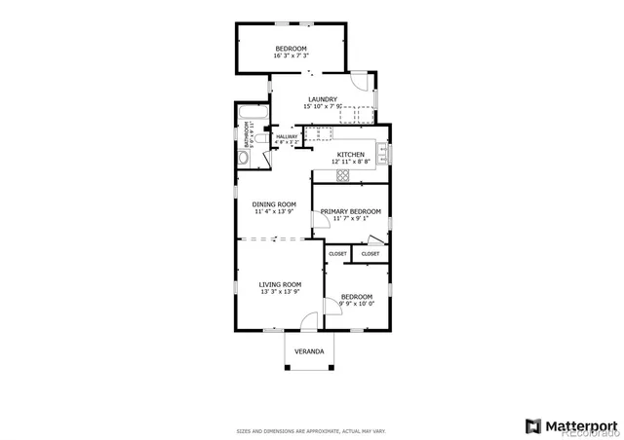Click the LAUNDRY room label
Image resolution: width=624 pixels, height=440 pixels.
tap(323, 99)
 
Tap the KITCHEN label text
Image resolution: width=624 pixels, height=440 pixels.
tap(350, 154)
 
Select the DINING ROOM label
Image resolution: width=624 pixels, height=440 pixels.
tap(274, 204)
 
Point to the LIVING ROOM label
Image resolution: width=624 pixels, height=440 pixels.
tap(280, 284)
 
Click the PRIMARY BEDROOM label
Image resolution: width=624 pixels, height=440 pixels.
tap(350, 211)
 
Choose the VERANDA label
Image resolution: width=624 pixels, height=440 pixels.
tap(309, 350)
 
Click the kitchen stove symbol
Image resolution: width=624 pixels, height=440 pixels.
tap(343, 175)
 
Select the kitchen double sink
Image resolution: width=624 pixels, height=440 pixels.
tap(383, 154)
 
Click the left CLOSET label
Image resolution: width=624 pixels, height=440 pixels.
tap(337, 253)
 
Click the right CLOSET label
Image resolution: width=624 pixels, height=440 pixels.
tap(370, 253)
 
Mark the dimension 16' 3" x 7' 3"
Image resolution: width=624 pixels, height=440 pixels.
tap(291, 56)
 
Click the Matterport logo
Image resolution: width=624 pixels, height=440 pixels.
tap(571, 425)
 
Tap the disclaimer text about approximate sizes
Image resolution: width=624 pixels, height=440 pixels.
tap(311, 430)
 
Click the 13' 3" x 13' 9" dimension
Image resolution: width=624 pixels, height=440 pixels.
tap(280, 291)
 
